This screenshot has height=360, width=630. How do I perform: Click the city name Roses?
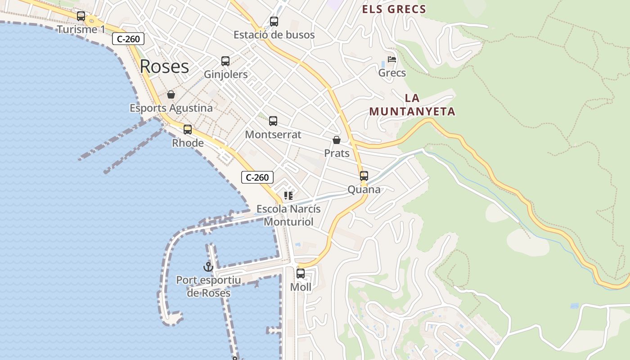tap(164, 67)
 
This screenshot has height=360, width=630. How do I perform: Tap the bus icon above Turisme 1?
tap(81, 16)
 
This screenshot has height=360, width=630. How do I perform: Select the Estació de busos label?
tap(274, 35)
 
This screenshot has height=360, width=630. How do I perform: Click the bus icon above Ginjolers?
tap(225, 61)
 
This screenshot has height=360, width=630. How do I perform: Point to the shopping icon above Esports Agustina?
tap(171, 94)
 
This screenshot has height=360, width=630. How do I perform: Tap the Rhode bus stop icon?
tap(188, 130)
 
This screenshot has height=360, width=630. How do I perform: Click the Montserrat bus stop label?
tap(273, 135)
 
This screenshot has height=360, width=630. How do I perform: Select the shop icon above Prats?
tap(337, 140)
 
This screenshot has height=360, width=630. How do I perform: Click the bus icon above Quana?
tap(364, 176)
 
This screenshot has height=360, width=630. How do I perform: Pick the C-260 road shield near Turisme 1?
tap(128, 39)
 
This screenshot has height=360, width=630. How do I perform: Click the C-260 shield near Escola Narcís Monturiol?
tap(257, 177)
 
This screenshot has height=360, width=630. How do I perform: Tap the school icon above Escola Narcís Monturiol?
tap(288, 196)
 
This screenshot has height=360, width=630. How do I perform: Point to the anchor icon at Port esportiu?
tap(208, 267)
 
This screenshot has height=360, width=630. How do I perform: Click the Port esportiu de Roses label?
tap(208, 287)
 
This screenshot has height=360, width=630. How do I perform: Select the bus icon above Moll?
tap(301, 273)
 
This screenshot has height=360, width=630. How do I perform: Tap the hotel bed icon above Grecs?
tap(392, 59)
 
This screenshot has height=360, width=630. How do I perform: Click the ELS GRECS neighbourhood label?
tap(394, 9)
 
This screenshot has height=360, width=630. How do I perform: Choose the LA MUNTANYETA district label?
tap(412, 105)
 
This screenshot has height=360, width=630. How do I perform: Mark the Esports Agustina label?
tap(171, 108)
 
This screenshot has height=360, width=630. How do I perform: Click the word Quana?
tap(364, 189)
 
